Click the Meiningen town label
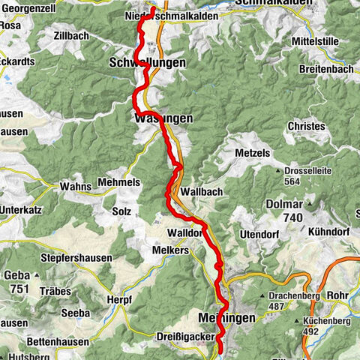click(228, 317)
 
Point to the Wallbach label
click(198, 191)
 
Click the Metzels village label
click(254, 153)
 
